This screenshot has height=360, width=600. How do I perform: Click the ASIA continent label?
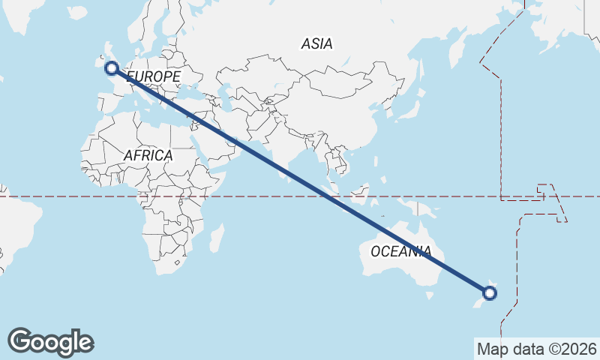[316, 44]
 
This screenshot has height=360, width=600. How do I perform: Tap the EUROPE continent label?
[154, 77]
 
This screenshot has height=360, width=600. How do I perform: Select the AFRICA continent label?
[148, 156]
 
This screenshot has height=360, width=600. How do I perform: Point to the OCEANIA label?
[400, 251]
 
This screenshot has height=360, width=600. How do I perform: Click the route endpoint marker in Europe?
[112, 68]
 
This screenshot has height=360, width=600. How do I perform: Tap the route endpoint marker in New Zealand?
[489, 292]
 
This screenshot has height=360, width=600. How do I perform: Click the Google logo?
[50, 342]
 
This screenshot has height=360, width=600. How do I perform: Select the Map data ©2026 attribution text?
[537, 349]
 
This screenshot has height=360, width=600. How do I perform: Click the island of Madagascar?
[216, 238]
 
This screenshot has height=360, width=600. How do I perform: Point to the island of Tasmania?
[430, 295]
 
